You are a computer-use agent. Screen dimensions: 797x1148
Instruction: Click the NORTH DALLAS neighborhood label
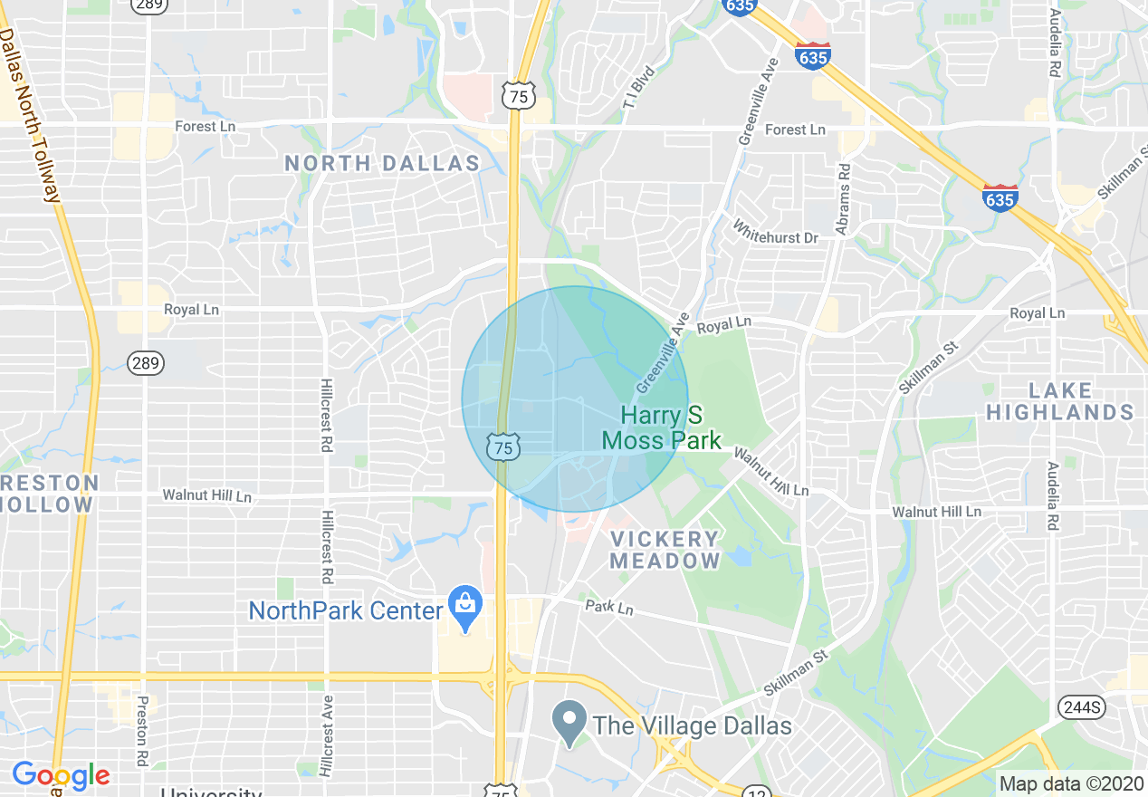pyautogui.click(x=382, y=164)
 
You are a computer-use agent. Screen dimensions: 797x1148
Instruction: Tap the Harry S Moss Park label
pyautogui.click(x=662, y=428)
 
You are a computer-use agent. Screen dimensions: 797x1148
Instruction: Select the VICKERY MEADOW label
pyautogui.click(x=665, y=550)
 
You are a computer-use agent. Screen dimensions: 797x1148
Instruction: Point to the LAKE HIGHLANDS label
pyautogui.click(x=1059, y=401)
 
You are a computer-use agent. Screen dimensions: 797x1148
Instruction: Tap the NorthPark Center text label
pyautogui.click(x=346, y=610)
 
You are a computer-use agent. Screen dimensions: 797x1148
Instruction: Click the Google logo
pyautogui.click(x=61, y=775)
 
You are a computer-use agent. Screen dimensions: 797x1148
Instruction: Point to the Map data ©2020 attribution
pyautogui.click(x=1071, y=783)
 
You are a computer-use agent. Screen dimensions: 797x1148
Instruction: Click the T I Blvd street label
pyautogui.click(x=637, y=91)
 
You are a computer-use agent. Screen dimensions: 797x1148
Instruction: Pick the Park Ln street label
pyautogui.click(x=609, y=607)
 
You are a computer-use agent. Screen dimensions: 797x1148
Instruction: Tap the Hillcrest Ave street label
pyautogui.click(x=328, y=735)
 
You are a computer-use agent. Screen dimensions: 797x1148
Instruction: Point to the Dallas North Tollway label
pyautogui.click(x=31, y=113)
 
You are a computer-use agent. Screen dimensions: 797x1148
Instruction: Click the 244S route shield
pyautogui.click(x=1079, y=706)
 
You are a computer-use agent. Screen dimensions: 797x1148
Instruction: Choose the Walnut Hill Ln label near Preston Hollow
pyautogui.click(x=206, y=495)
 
